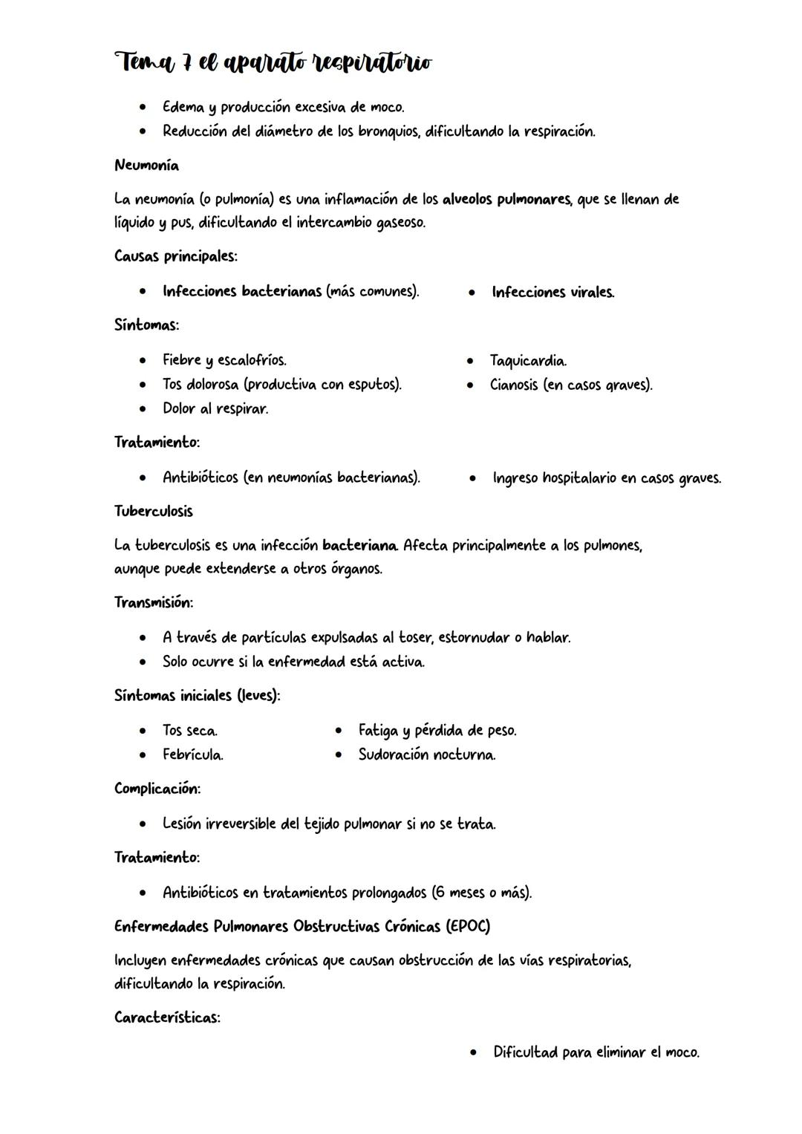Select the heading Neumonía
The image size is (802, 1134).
point(146,166)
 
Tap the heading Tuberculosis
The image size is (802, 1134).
point(153,512)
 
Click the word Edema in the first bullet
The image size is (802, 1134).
point(183,108)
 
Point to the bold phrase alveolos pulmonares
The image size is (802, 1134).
point(506,200)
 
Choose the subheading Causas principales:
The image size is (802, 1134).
point(176,256)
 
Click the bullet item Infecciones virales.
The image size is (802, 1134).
point(552,293)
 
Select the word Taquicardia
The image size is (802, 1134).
point(528,362)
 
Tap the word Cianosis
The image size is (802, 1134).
point(513,385)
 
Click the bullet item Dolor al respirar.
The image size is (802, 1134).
point(215,409)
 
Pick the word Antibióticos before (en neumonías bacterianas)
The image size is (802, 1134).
point(200,478)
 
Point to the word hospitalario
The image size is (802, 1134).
point(579,478)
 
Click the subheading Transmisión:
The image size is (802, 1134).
point(154,602)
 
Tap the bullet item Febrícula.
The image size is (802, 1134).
point(193,755)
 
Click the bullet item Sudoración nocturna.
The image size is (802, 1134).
point(427,755)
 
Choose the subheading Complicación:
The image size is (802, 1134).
point(157,789)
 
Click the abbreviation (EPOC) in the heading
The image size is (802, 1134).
point(468,927)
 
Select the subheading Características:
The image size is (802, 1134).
point(167,1018)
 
